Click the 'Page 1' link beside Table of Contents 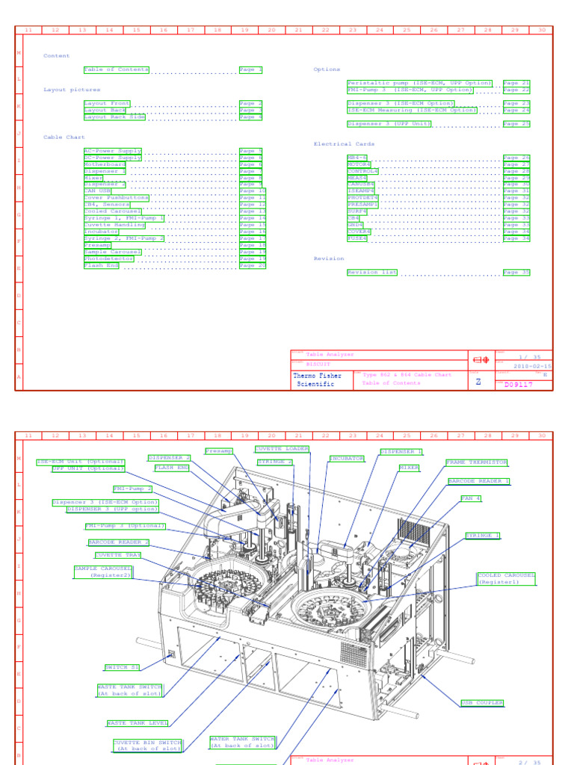[x=250, y=69]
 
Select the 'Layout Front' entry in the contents [x=107, y=104]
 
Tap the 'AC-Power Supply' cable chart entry [x=112, y=151]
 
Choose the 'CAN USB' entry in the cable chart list [x=97, y=191]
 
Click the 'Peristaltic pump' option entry [x=419, y=83]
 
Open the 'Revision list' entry [x=372, y=273]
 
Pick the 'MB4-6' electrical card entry [x=357, y=158]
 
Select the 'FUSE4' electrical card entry [x=357, y=238]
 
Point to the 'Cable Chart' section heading [x=64, y=137]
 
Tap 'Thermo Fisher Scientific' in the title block [x=318, y=380]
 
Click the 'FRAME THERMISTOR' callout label [x=476, y=462]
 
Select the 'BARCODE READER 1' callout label [x=479, y=481]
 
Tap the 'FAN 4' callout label [x=471, y=498]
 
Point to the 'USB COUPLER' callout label [x=482, y=703]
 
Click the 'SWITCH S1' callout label [x=122, y=666]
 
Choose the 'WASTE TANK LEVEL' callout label [x=138, y=723]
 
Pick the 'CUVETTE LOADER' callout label [x=282, y=449]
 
